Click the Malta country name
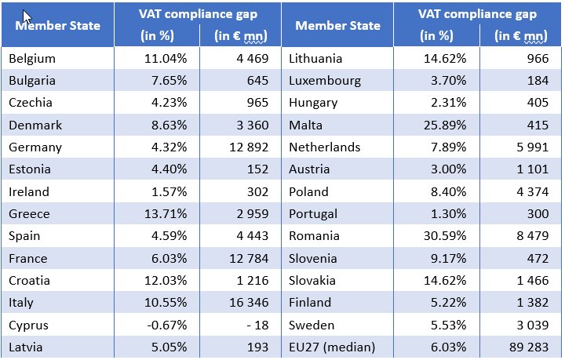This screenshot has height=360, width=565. click(x=305, y=125)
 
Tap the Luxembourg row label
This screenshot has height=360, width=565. click(x=325, y=80)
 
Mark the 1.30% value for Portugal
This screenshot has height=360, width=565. click(x=446, y=213)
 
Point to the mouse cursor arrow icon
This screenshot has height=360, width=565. click(x=27, y=16)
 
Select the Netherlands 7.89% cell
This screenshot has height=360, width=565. click(x=446, y=147)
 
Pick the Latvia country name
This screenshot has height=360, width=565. click(x=26, y=347)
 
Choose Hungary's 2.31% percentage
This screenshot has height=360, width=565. click(x=446, y=102)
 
